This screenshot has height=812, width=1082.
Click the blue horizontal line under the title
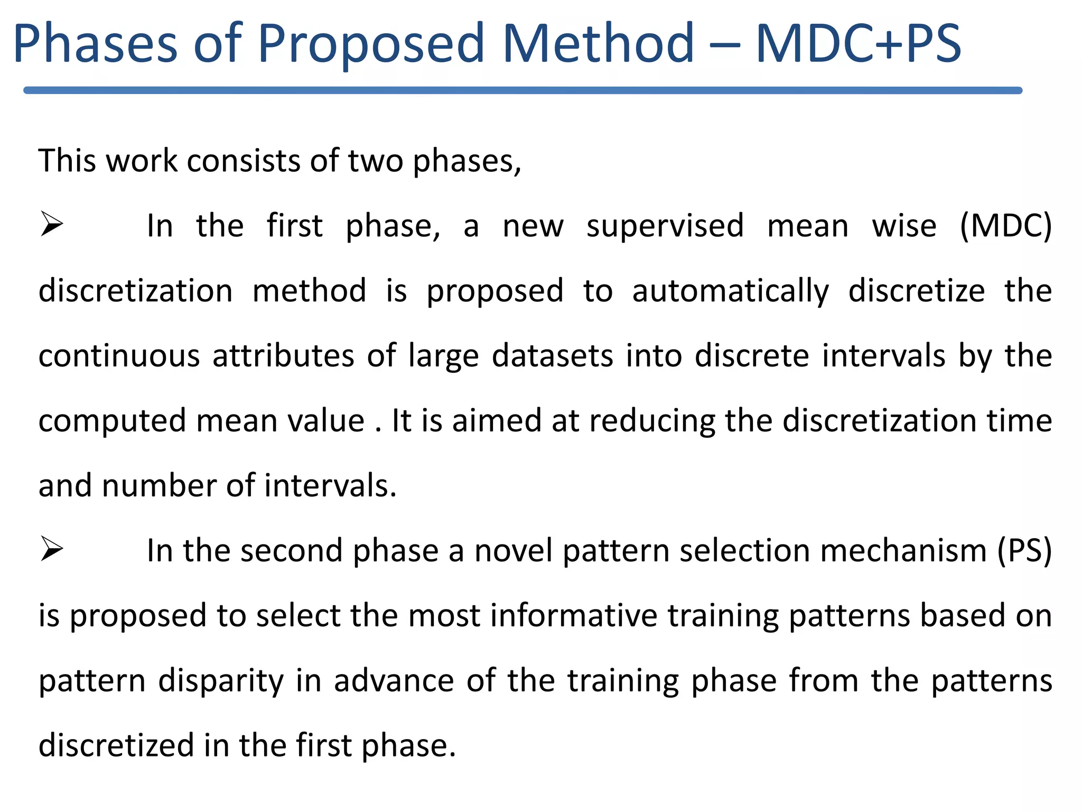click(x=523, y=90)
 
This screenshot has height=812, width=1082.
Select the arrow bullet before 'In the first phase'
click(x=52, y=224)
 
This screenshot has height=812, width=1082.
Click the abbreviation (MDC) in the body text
click(x=1005, y=226)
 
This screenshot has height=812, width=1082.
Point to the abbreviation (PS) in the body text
click(x=1024, y=551)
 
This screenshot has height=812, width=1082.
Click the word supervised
click(x=665, y=226)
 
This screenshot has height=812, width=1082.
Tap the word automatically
click(x=731, y=292)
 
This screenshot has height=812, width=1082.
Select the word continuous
click(x=119, y=355)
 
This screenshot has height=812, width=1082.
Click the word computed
click(x=113, y=421)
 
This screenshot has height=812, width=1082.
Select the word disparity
click(x=221, y=681)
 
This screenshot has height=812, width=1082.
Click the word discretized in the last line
click(x=116, y=745)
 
